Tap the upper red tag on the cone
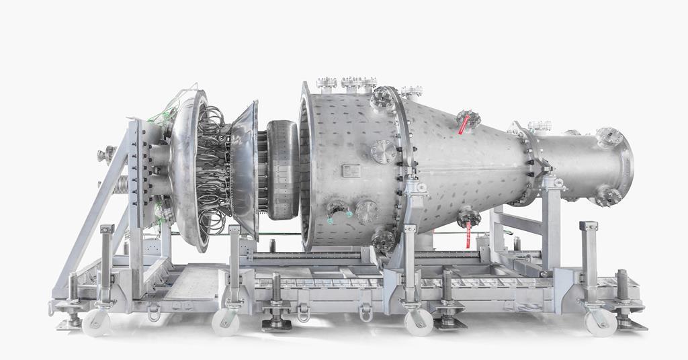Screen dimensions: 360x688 pyautogui.click(x=463, y=126)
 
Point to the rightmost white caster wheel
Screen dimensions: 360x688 pyautogui.click(x=600, y=322)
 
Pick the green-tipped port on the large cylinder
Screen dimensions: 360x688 pyautogui.click(x=339, y=213)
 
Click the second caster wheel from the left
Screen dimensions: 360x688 pyautogui.click(x=226, y=322)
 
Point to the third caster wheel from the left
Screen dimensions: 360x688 pyautogui.click(x=419, y=322)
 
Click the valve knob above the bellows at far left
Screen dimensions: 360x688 pyautogui.click(x=106, y=155)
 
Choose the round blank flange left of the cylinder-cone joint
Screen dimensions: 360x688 pyautogui.click(x=383, y=151)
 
